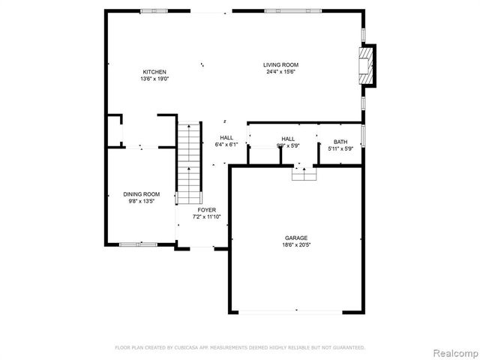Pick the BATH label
(x=340, y=142)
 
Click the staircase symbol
(x=190, y=160)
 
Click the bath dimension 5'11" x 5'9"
(x=340, y=148)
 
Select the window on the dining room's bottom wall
(x=138, y=244)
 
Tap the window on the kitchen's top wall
(x=154, y=10)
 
